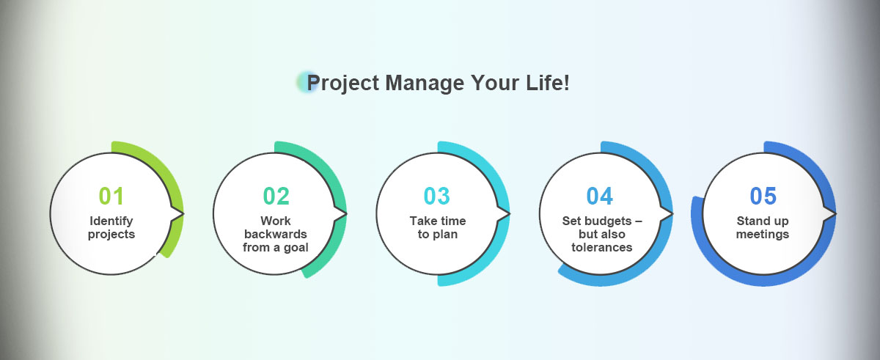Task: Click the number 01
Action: tap(111, 196)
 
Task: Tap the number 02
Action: tap(276, 196)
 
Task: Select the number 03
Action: tap(436, 196)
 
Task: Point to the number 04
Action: tap(600, 196)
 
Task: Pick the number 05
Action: tap(763, 196)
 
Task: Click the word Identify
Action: tap(111, 221)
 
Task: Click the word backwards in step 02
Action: tap(276, 234)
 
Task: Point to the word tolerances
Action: tap(602, 247)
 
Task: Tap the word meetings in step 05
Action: tap(763, 235)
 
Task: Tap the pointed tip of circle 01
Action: tap(183, 214)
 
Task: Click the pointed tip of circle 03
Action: tap(510, 214)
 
